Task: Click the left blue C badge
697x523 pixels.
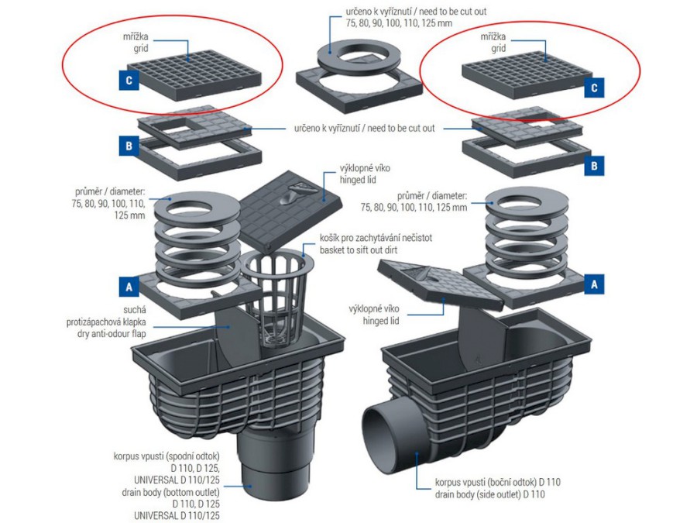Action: point(129,79)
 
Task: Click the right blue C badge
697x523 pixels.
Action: point(595,88)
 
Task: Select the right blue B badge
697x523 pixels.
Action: point(595,165)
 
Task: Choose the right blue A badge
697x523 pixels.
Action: point(595,284)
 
